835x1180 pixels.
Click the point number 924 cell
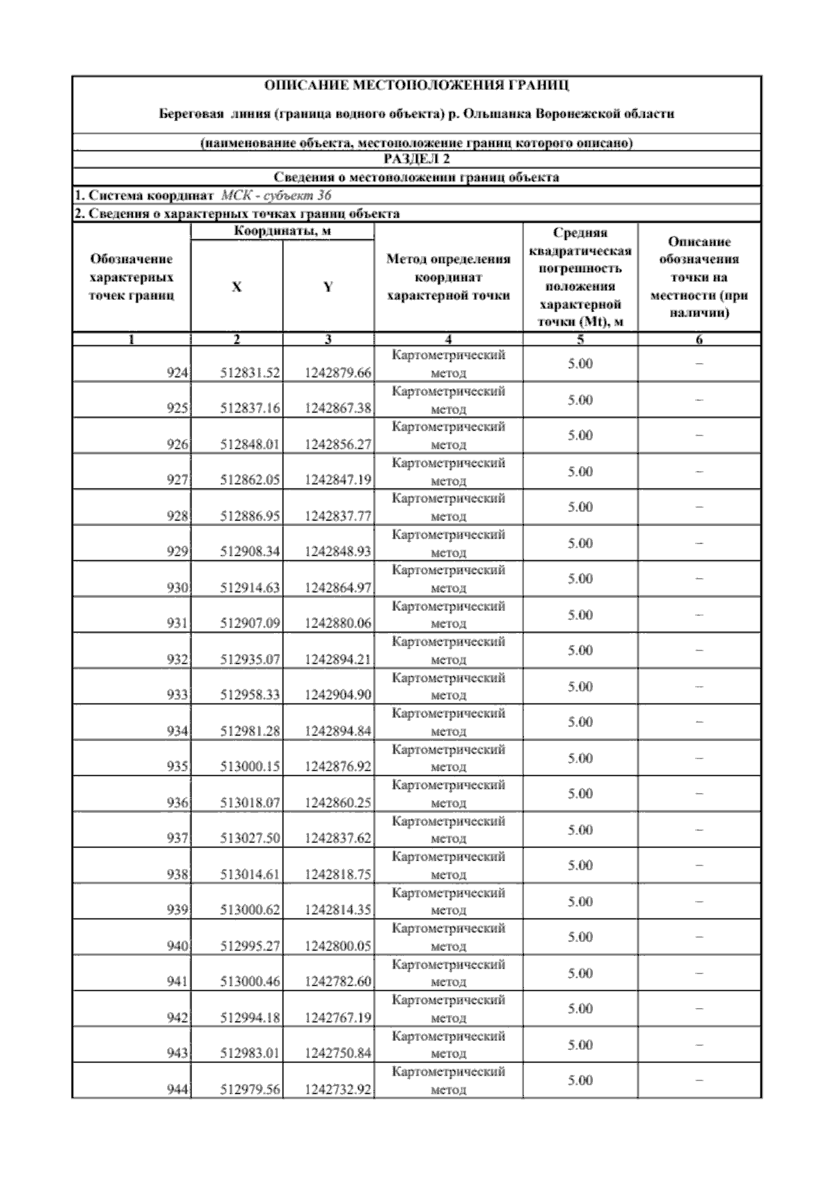tap(178, 373)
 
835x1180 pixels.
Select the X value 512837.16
tap(250, 408)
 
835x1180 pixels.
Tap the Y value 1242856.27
tap(338, 445)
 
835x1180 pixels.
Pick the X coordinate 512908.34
tap(250, 552)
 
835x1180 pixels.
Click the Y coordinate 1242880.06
tap(338, 623)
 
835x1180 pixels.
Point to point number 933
tap(178, 695)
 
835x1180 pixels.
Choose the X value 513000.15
tap(250, 767)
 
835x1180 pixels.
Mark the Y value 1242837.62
tap(338, 838)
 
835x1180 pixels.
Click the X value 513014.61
tap(250, 875)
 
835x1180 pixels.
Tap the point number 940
tap(178, 946)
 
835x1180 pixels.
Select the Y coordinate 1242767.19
tap(338, 1018)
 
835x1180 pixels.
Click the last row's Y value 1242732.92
tap(338, 1090)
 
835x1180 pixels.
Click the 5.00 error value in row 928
tap(580, 507)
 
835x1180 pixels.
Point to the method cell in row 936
tap(448, 794)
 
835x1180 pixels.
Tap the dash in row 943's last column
tap(699, 1044)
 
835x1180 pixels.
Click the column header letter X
tap(237, 287)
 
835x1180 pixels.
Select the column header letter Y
tap(328, 287)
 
